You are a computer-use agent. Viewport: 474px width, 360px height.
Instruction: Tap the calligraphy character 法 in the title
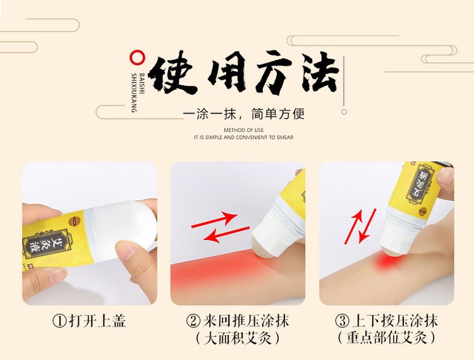316,75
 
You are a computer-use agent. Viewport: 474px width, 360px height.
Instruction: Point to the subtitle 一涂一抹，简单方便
243,114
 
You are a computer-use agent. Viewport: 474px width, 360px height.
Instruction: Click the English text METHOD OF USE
243,130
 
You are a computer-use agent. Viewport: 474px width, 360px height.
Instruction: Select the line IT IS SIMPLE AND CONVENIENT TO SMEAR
243,137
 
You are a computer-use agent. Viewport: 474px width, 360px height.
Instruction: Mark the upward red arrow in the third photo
353,227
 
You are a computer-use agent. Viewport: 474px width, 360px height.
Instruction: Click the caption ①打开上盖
89,321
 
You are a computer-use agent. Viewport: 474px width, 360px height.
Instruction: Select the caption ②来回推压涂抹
238,321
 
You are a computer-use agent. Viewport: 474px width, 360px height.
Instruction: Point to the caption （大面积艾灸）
238,338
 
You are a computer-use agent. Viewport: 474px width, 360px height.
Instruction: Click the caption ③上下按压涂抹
386,321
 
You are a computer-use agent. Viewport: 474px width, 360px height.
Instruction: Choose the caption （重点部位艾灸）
386,338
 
